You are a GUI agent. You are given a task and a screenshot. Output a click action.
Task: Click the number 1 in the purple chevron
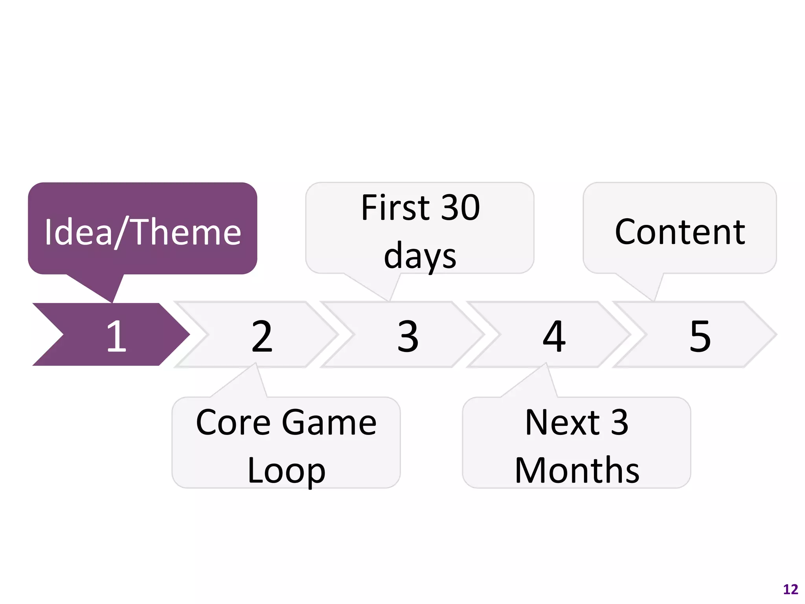116,336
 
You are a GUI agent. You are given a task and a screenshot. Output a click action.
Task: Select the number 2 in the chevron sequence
262,336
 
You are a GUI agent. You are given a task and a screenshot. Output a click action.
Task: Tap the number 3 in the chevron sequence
408,336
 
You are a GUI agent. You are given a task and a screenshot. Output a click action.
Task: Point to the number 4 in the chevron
554,336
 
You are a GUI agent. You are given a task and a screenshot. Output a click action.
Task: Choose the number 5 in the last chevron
700,336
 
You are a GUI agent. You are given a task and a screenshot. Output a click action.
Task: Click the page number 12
790,589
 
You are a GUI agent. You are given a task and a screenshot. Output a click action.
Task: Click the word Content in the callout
680,232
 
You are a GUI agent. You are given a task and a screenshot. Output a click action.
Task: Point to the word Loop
286,471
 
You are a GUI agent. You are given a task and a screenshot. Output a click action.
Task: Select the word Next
562,423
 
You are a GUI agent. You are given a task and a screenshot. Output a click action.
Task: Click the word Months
577,470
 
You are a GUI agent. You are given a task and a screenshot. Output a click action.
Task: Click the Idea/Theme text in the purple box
143,232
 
